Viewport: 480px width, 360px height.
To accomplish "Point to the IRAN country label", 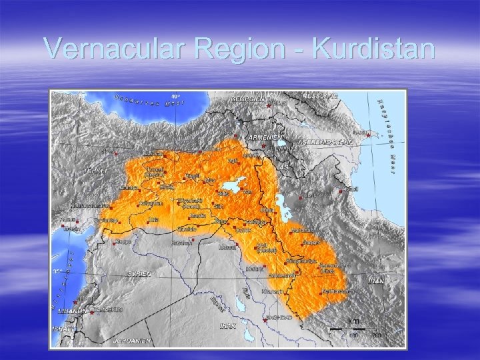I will (377, 281).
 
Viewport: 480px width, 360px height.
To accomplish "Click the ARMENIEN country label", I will (262, 137).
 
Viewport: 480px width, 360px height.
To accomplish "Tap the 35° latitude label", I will (58, 271).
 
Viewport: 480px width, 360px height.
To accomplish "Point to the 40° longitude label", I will (176, 96).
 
